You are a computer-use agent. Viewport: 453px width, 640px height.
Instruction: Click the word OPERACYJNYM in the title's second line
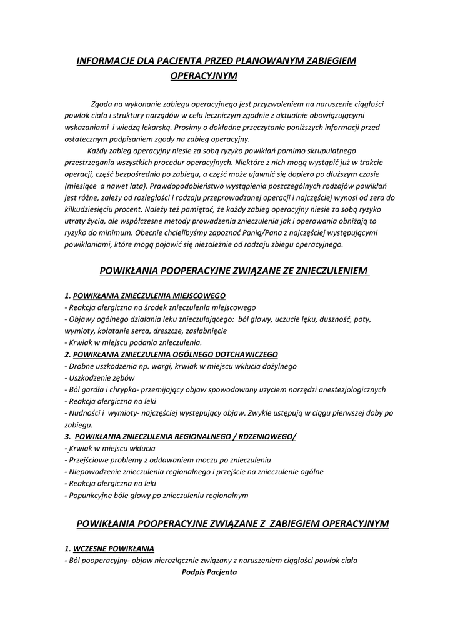point(204,76)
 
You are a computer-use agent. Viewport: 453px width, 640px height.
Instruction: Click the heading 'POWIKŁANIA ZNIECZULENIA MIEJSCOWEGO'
point(149,295)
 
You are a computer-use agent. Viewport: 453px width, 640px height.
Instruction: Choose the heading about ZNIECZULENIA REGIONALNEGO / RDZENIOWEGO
point(186,436)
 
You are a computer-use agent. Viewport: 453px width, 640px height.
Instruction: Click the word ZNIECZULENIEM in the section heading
point(328,271)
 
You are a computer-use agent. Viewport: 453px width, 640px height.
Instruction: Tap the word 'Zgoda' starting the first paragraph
point(101,104)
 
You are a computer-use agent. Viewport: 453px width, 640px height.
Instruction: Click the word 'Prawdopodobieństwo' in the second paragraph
point(184,186)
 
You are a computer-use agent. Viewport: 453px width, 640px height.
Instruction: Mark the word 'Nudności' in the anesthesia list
point(84,413)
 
